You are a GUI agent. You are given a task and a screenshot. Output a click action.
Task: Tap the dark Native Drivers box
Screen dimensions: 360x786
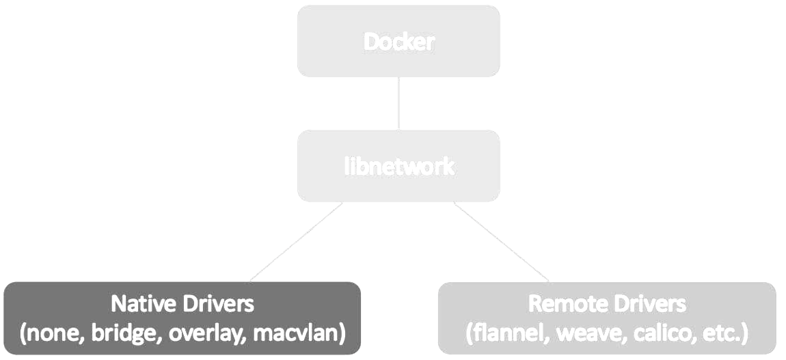[x=182, y=318]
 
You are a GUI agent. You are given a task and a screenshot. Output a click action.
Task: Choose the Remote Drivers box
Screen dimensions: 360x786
[x=607, y=318]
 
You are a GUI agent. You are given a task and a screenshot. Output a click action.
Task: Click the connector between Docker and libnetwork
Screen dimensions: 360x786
[x=398, y=103]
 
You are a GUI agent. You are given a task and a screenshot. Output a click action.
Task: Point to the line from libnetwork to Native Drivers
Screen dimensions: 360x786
[x=295, y=242]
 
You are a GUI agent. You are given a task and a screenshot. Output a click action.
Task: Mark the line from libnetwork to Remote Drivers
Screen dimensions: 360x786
[x=501, y=242]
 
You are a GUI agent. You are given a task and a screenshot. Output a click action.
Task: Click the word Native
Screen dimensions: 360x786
[x=141, y=303]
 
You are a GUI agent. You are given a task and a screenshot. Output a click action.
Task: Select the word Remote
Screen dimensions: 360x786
[x=568, y=303]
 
